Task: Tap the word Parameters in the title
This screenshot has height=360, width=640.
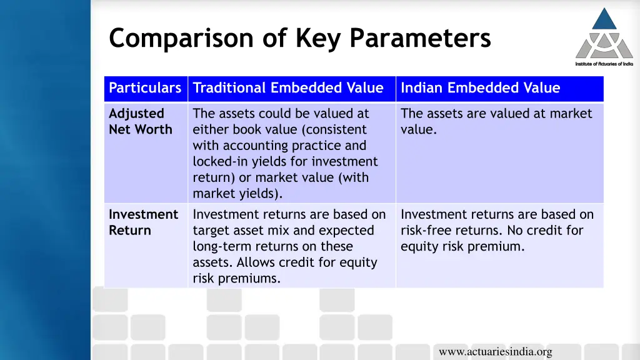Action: click(x=420, y=39)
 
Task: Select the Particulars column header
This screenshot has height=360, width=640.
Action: click(x=145, y=88)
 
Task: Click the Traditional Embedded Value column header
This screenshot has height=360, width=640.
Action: click(x=288, y=88)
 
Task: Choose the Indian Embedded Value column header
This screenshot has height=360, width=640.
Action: click(x=480, y=88)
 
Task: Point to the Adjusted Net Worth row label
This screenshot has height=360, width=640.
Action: click(x=140, y=121)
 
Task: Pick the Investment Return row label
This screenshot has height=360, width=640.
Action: click(x=143, y=222)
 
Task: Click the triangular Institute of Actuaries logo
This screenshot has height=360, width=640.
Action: click(x=604, y=34)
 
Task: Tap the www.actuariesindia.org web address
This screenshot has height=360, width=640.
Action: click(x=495, y=352)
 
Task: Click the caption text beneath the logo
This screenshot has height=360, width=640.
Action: click(x=604, y=64)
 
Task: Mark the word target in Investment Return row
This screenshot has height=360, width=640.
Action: click(x=211, y=231)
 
